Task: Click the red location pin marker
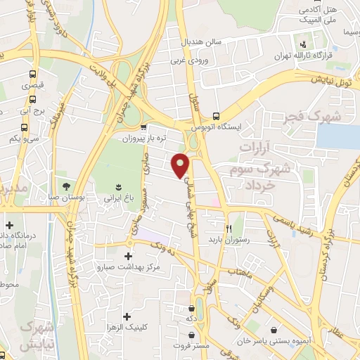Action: pyautogui.click(x=181, y=164)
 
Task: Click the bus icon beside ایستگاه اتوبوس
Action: pyautogui.click(x=216, y=117)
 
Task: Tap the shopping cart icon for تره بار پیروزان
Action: pyautogui.click(x=143, y=128)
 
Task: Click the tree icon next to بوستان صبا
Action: pyautogui.click(x=66, y=186)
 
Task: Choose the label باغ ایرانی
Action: pyautogui.click(x=119, y=199)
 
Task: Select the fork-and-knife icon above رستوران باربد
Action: pyautogui.click(x=228, y=229)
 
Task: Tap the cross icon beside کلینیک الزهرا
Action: pyautogui.click(x=127, y=316)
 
